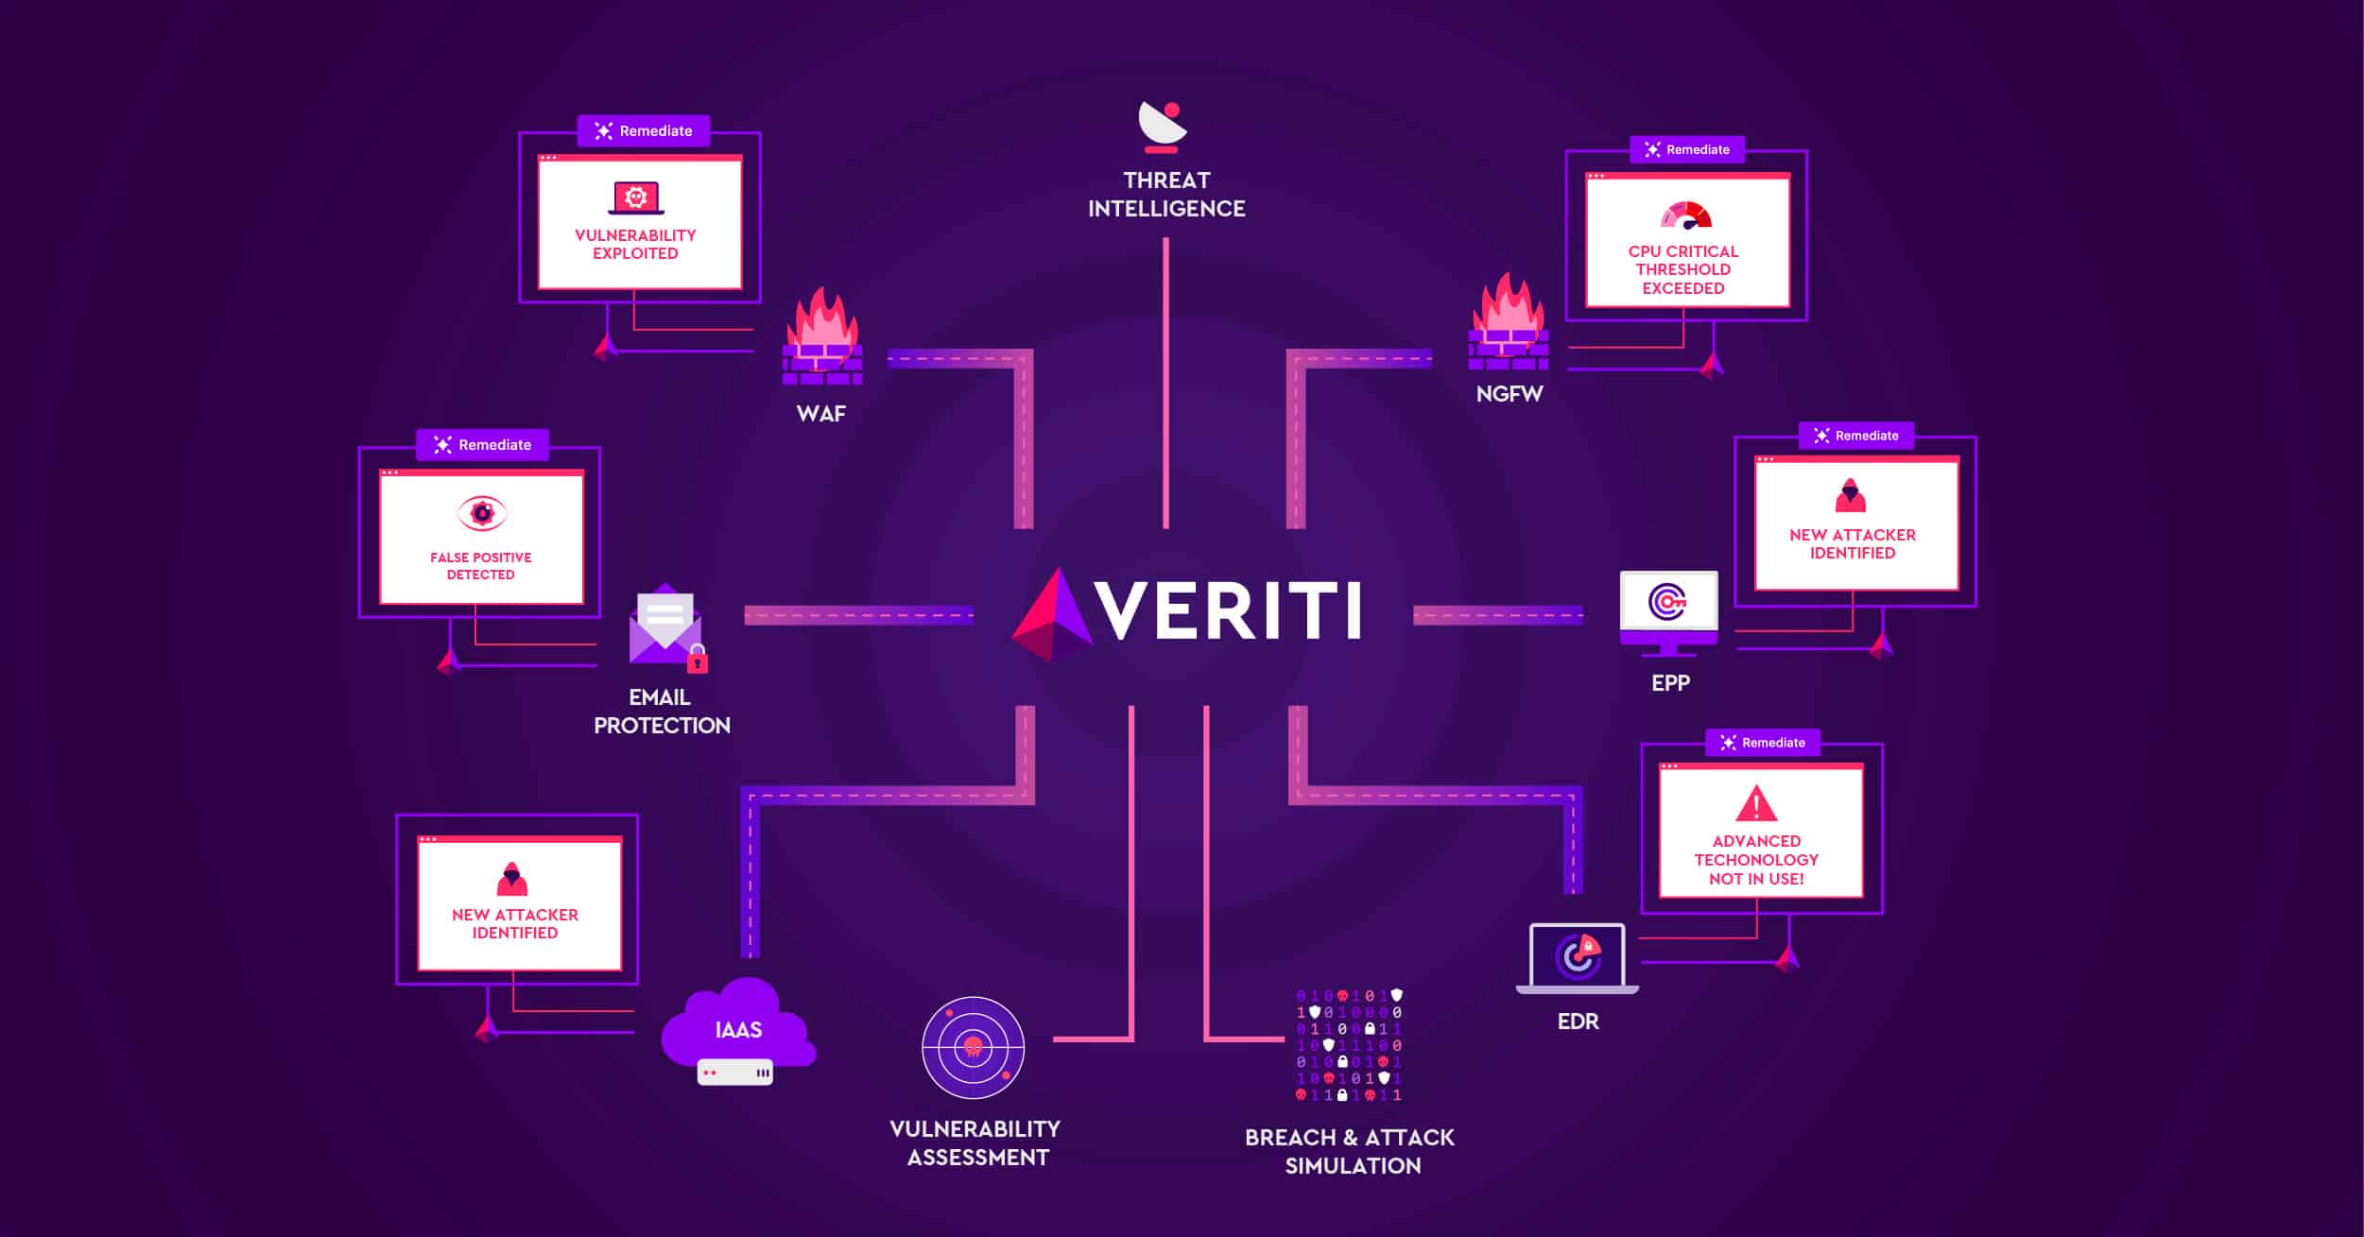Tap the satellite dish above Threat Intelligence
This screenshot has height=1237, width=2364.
point(1163,127)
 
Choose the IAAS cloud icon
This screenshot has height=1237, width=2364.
point(738,1029)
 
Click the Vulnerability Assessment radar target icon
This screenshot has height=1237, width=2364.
point(973,1047)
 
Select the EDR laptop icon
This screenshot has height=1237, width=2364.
point(1577,958)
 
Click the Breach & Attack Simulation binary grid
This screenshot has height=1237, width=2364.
point(1349,1045)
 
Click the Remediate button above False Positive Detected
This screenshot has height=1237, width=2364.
point(482,445)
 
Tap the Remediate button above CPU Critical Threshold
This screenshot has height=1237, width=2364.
point(1687,149)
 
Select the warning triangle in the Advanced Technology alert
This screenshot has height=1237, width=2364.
point(1756,804)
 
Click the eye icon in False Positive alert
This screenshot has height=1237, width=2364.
point(482,513)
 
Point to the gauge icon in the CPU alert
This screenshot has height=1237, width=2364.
point(1686,215)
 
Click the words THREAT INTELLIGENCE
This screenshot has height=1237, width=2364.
point(1166,195)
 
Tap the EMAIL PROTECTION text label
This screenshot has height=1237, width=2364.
point(662,712)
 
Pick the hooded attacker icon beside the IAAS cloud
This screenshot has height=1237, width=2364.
point(512,879)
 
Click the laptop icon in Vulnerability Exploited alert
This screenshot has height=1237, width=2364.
point(636,198)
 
